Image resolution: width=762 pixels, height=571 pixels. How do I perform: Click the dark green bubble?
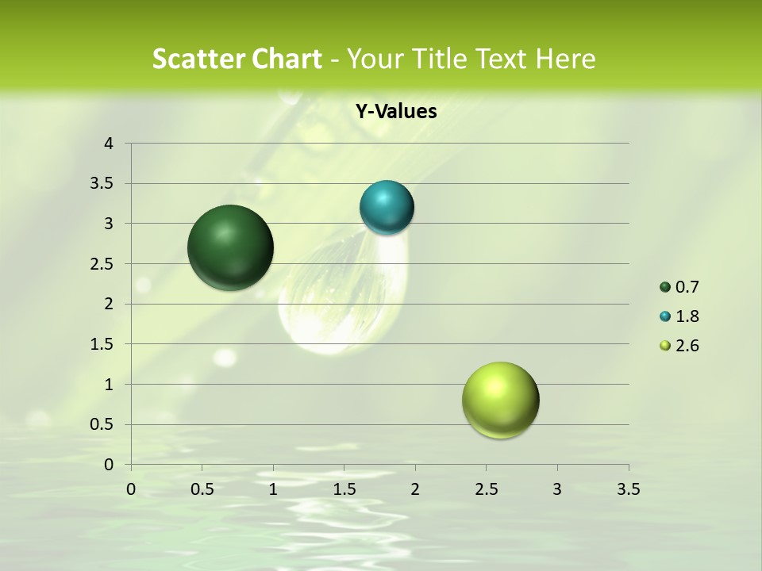pos(230,247)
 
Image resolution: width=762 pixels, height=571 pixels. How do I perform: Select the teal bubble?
pos(387,207)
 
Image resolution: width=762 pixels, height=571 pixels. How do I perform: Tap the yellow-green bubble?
pos(500,400)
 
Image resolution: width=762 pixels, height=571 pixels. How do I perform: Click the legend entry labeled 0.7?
pos(687,287)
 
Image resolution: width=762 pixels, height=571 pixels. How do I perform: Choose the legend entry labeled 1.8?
pos(687,316)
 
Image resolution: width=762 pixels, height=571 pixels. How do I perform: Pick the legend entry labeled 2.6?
pos(687,346)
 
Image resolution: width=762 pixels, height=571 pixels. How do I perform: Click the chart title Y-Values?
pos(396,112)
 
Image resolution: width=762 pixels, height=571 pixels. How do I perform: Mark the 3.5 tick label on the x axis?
pos(628,489)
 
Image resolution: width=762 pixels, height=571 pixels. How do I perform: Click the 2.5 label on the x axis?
pos(486,489)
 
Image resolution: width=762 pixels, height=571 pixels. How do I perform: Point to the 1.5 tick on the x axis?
pos(344,489)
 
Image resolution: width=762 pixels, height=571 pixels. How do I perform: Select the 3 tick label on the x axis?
pos(557,489)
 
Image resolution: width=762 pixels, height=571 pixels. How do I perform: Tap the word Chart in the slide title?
pos(287,59)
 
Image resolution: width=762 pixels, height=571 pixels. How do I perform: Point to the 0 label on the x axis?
pos(131,489)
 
